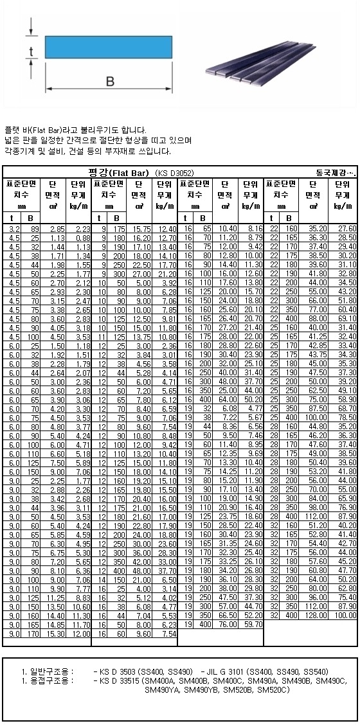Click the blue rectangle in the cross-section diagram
[x=109, y=46]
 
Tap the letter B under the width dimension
[x=109, y=82]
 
